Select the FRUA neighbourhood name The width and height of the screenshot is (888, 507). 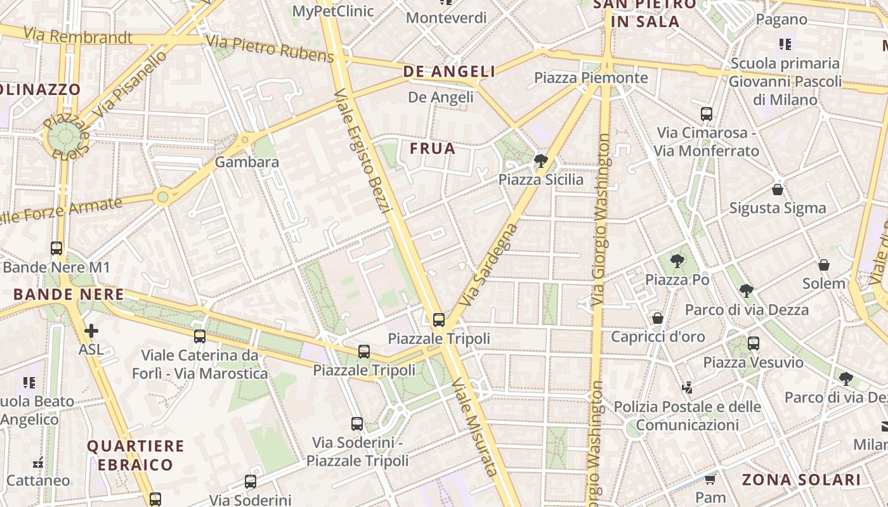433,148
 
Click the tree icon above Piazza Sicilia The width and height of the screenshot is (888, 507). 541,161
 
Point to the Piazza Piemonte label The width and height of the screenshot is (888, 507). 591,78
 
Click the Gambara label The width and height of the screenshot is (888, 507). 247,162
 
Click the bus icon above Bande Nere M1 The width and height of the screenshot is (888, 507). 56,248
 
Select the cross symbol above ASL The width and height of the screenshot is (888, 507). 91,331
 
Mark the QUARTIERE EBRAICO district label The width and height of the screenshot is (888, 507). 135,455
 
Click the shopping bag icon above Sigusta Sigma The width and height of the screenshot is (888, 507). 778,189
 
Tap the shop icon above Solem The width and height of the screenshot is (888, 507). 824,265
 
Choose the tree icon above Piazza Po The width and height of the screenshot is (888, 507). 677,260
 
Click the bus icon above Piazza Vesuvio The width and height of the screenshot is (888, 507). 754,343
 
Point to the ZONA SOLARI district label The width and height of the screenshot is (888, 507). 801,480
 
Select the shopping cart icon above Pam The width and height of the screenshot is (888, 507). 710,479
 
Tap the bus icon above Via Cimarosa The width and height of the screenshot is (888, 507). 707,114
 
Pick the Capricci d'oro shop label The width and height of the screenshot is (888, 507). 658,337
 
